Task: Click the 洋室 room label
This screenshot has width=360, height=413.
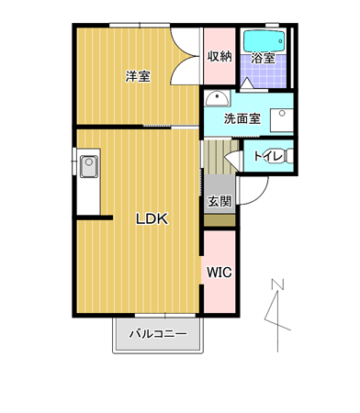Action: coord(138,76)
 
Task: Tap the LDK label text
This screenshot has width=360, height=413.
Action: coord(152,218)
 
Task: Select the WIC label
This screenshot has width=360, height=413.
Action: coord(219,272)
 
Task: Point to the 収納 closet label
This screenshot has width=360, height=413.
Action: coord(219,56)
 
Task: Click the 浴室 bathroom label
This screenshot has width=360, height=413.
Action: coord(263,58)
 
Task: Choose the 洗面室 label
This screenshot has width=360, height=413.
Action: coord(242,118)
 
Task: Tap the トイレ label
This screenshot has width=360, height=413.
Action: coord(268,157)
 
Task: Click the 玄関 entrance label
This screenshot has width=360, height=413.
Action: coord(219,201)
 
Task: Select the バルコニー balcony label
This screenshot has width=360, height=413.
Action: coord(158,333)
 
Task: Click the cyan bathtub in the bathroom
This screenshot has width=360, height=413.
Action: coord(264,41)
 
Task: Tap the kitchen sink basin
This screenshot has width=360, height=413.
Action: coord(89,166)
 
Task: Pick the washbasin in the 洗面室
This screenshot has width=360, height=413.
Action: coord(217,98)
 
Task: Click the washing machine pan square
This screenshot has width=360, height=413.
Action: coord(282,120)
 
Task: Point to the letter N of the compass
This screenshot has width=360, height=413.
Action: coord(277,284)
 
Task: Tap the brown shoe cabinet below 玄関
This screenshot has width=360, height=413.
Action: coord(219,220)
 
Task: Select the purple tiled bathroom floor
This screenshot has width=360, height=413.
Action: coord(264,71)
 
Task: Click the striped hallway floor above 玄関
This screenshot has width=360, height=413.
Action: coord(221,157)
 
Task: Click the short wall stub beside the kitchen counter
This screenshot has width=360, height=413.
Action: coord(95,218)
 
